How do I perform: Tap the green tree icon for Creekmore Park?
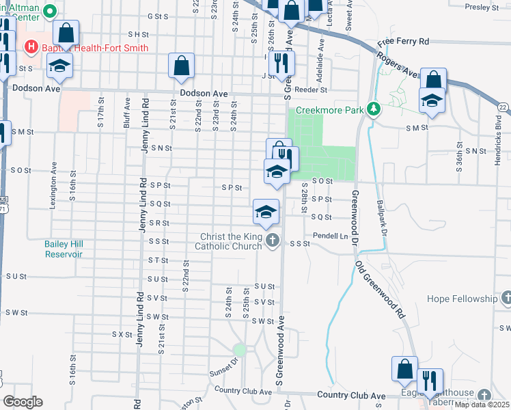[373, 109]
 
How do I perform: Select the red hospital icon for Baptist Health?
[30, 47]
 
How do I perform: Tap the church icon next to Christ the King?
[273, 240]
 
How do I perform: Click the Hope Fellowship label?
[462, 299]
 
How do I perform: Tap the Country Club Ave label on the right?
[352, 396]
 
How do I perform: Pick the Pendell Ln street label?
[331, 236]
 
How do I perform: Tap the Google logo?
[23, 402]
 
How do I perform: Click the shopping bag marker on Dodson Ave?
[182, 66]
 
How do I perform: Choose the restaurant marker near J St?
[281, 63]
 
